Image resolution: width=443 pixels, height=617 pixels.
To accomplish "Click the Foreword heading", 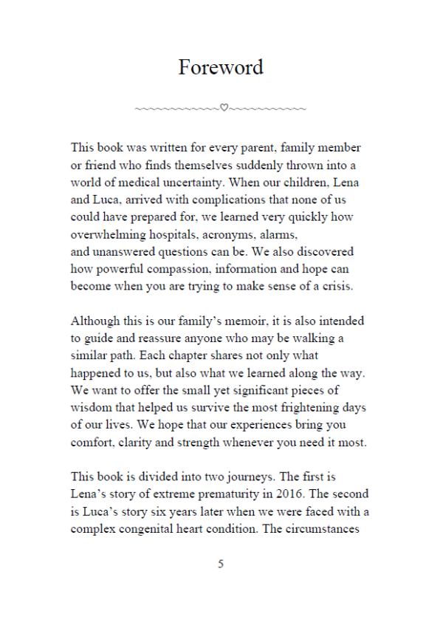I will (x=221, y=67).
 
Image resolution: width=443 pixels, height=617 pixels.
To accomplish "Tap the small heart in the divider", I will (x=224, y=109).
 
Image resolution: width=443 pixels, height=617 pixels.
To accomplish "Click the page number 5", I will (x=221, y=564).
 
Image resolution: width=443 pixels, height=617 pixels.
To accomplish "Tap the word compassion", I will (x=168, y=268).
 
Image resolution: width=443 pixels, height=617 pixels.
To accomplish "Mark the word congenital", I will (x=163, y=529).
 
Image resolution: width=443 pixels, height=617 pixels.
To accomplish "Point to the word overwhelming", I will (x=109, y=233).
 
